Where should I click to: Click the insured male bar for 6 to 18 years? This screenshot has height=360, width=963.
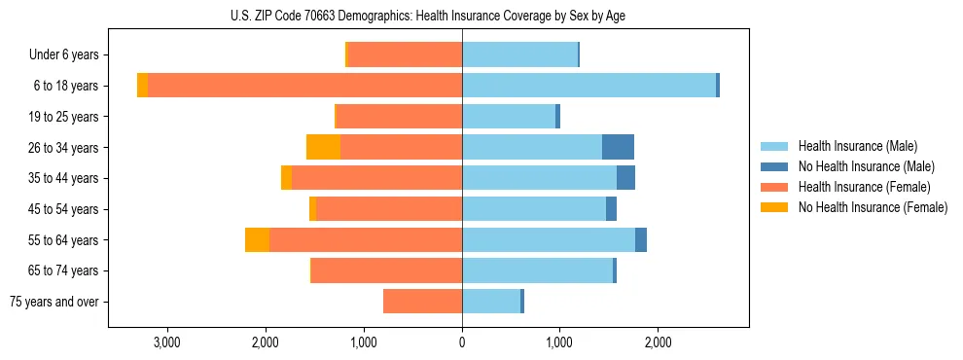click(x=588, y=86)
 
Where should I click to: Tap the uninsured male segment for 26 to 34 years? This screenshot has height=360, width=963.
click(x=618, y=147)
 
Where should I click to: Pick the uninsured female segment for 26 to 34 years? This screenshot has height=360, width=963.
click(x=323, y=147)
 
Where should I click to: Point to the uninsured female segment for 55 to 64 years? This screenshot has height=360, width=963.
click(x=257, y=239)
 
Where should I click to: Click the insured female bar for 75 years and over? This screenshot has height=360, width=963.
click(x=422, y=302)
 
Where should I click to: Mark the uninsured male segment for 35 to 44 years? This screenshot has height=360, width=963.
click(x=625, y=178)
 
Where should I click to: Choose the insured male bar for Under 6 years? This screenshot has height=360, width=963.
click(x=519, y=54)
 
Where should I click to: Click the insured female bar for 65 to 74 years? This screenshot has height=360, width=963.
click(x=387, y=270)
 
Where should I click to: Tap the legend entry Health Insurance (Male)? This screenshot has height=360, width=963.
click(x=857, y=146)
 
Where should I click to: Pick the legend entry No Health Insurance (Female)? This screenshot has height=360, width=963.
click(x=872, y=207)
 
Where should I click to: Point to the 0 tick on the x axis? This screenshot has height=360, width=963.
click(x=462, y=342)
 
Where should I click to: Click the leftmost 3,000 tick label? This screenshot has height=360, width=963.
click(x=167, y=342)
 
